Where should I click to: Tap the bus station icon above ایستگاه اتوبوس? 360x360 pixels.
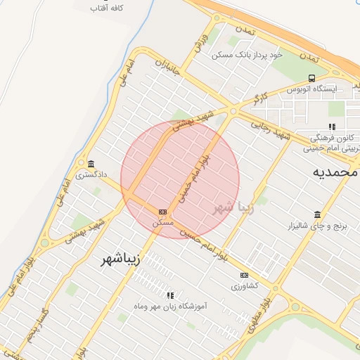pos(311,78)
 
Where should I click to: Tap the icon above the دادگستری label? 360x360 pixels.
pos(91,163)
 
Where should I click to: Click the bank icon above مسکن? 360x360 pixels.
pos(163,212)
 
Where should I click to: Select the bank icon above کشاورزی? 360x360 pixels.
pos(244,275)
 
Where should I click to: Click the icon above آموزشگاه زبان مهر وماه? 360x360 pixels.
pos(169,296)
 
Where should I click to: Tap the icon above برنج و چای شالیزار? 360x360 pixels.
pos(317,214)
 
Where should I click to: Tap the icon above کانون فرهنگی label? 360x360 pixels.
pos(332,127)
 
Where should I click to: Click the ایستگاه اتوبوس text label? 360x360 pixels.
pos(311,89)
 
